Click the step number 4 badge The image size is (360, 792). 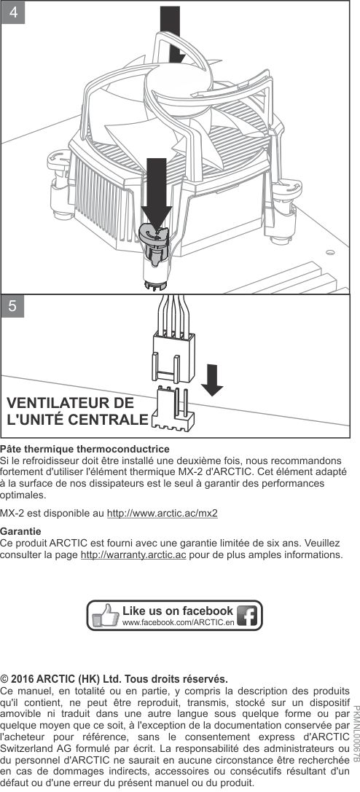coord(13,12)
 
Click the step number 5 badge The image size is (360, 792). coord(13,306)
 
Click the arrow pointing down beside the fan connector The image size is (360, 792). coord(212,380)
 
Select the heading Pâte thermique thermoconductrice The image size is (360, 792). coord(85,449)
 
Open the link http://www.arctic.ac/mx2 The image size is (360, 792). coord(162,514)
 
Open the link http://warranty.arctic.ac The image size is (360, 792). coord(133,556)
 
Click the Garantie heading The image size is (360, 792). coord(20,532)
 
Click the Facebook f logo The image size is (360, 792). coord(247,616)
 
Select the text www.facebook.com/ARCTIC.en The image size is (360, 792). coord(179,622)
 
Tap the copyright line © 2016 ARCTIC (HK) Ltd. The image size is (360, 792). coord(114,678)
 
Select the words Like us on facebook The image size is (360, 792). coord(178,611)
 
